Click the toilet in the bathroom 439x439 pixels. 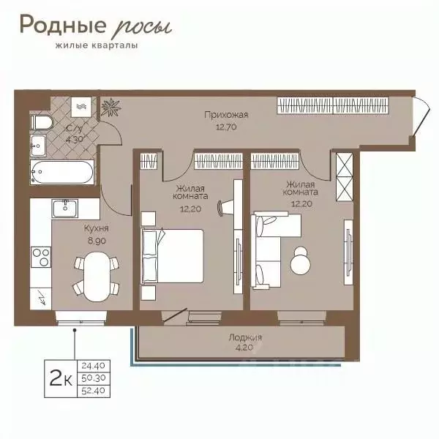(x=41, y=122)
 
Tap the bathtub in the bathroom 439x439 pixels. (x=62, y=172)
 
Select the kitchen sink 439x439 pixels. (x=64, y=209)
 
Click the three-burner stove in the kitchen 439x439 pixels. (x=41, y=257)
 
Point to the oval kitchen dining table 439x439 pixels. (x=97, y=277)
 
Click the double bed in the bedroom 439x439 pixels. (x=173, y=256)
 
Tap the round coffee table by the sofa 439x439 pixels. (x=301, y=260)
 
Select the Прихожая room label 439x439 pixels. (x=226, y=115)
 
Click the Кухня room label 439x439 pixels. (x=97, y=228)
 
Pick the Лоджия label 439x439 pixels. (x=245, y=337)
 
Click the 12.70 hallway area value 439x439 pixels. (x=226, y=127)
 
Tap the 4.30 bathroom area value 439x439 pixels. (x=74, y=139)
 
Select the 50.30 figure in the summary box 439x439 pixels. (x=94, y=378)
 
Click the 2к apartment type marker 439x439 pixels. (x=61, y=378)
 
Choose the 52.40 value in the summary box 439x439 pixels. (x=94, y=391)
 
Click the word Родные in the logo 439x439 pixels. (x=63, y=25)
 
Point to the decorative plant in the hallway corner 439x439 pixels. (x=110, y=108)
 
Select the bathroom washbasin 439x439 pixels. (x=38, y=145)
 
